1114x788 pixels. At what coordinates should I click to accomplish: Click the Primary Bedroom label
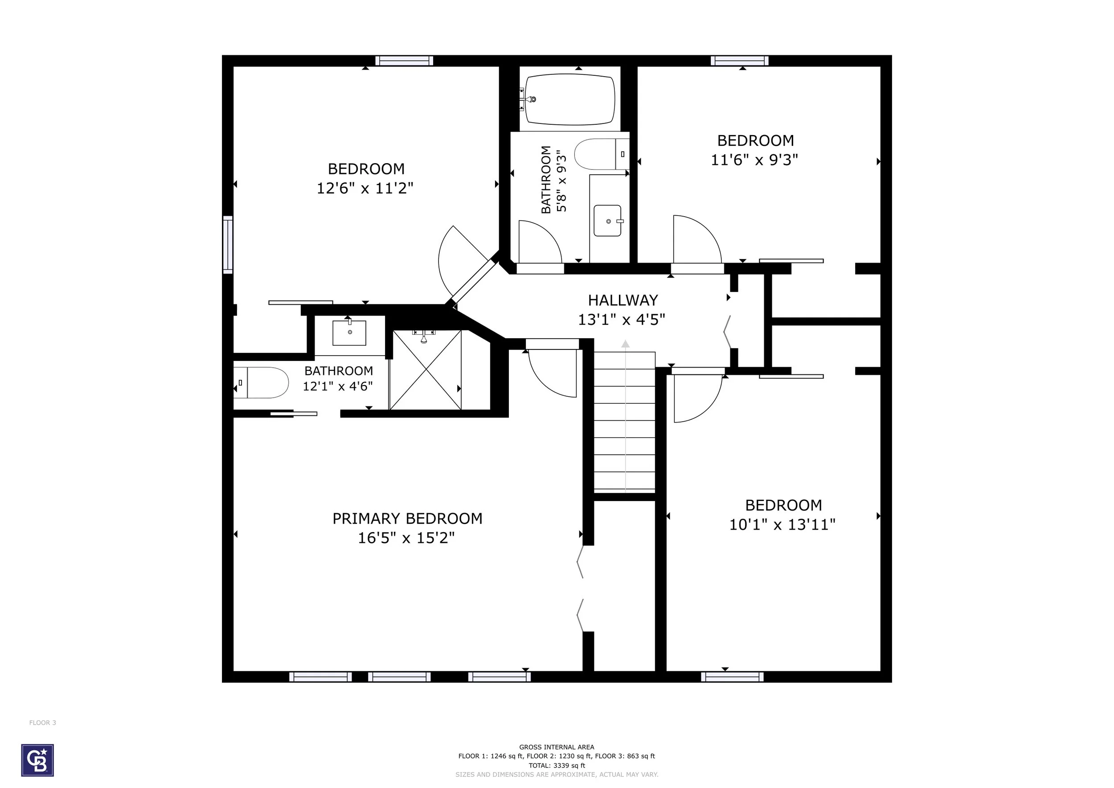click(x=407, y=519)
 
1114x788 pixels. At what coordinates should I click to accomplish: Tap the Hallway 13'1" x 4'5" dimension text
click(x=622, y=320)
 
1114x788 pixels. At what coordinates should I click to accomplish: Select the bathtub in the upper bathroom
click(x=569, y=99)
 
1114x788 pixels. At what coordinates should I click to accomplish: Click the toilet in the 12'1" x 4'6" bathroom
click(x=262, y=382)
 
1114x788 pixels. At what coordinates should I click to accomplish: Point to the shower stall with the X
click(x=426, y=370)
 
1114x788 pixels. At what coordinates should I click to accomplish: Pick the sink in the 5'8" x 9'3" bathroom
click(x=607, y=221)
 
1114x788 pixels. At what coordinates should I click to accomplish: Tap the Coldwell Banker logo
click(x=37, y=760)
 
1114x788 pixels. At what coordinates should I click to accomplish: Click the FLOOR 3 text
click(x=43, y=722)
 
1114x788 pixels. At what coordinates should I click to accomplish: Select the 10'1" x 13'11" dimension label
click(x=782, y=525)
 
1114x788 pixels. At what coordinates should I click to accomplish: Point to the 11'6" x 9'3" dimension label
click(x=754, y=160)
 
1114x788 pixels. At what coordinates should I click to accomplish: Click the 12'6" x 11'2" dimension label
click(x=365, y=188)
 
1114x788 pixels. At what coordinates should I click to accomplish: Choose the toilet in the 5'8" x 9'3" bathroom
click(x=602, y=154)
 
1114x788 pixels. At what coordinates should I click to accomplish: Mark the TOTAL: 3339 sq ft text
click(x=557, y=766)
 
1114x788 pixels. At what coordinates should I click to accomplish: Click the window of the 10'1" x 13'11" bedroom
click(x=732, y=677)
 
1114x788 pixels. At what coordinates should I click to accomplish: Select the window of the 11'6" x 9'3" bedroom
click(x=740, y=61)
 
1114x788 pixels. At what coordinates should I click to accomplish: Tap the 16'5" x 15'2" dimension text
click(x=406, y=538)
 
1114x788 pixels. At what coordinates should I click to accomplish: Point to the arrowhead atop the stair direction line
click(x=626, y=344)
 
